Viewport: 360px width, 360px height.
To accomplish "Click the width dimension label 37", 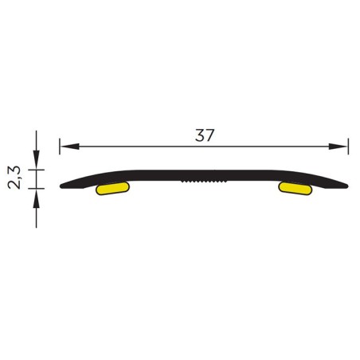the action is (x=204, y=135).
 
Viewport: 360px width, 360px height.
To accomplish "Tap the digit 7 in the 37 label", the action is (x=209, y=135).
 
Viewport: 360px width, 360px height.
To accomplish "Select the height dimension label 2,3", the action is (x=14, y=178).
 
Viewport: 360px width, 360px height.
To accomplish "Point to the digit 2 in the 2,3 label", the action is (x=14, y=185).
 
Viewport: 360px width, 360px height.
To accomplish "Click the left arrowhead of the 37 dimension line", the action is (x=69, y=147).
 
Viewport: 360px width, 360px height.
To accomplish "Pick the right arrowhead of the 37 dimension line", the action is (x=338, y=147).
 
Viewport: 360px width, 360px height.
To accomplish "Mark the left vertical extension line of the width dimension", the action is (x=60, y=147).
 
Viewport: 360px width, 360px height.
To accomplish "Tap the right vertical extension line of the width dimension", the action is (x=348, y=147).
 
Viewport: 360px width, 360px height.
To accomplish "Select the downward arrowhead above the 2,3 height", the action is (x=37, y=160).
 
